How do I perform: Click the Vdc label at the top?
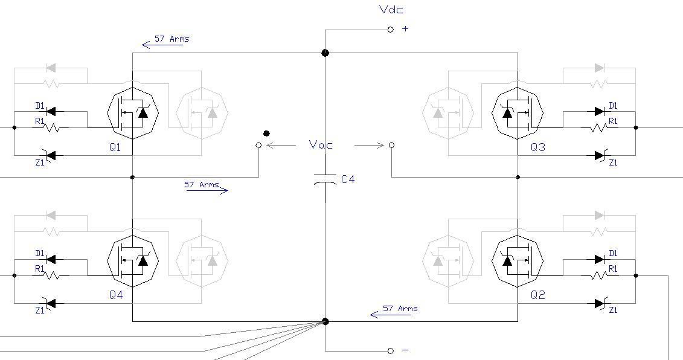pos(391,9)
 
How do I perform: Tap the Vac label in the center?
pos(321,145)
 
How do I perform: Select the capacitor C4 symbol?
pos(325,179)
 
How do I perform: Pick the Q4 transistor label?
pos(116,295)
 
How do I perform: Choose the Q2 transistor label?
pos(537,295)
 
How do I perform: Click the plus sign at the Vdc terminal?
pos(405,29)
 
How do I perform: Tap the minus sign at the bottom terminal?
pos(405,350)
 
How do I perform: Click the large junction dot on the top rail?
pos(325,53)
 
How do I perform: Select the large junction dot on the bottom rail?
pos(325,321)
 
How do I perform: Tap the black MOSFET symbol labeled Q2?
pos(518,260)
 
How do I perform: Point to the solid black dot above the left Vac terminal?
pos(266,133)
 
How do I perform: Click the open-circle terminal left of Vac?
pos(259,145)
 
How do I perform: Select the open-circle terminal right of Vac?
pos(392,145)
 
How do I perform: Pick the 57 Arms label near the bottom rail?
pos(400,309)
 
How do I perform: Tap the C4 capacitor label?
pos(348,179)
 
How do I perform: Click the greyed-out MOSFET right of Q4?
pos(202,260)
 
